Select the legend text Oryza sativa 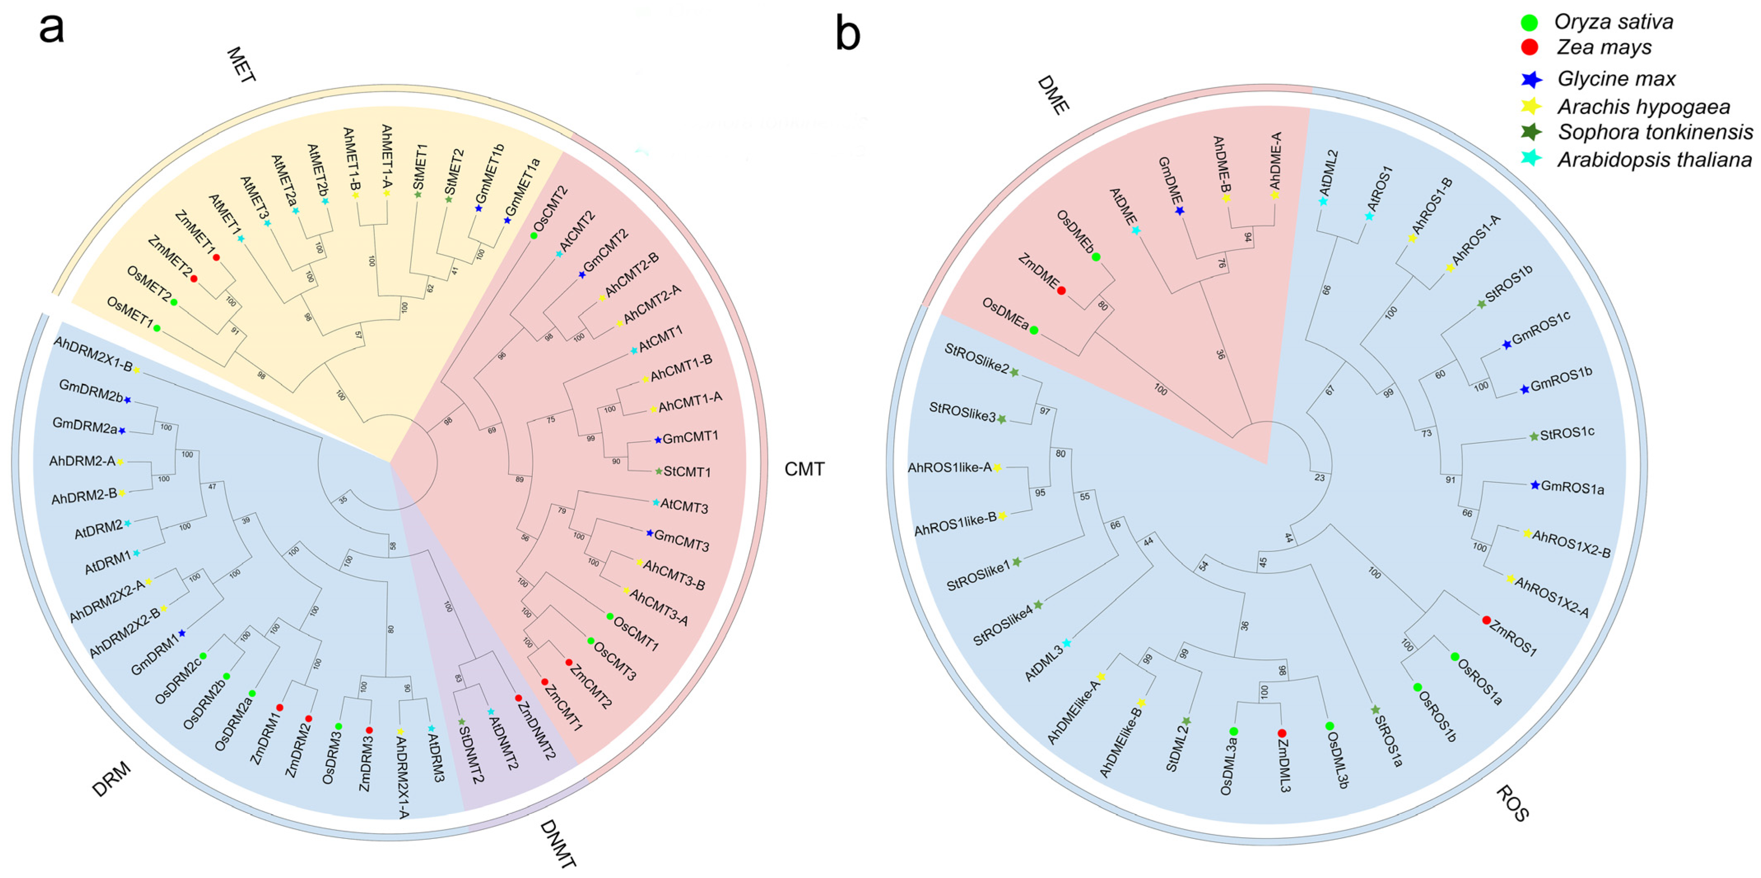[1613, 22]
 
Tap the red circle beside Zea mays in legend [1529, 47]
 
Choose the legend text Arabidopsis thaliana [1654, 160]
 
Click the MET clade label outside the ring [241, 65]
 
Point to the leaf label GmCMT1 [690, 437]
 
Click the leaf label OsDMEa [1005, 314]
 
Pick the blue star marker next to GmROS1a [1535, 485]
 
